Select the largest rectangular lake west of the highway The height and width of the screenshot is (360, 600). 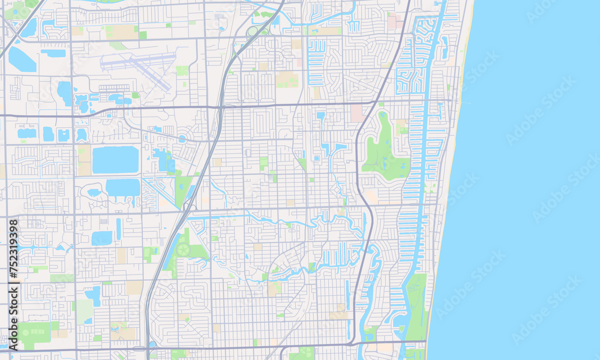pyautogui.click(x=115, y=160)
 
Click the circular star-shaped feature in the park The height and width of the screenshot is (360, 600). pyautogui.click(x=184, y=249)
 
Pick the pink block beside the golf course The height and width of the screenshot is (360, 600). pyautogui.click(x=357, y=113)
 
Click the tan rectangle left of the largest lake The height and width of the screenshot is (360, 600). pyautogui.click(x=85, y=160)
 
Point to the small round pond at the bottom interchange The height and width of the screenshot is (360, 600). pyautogui.click(x=151, y=344)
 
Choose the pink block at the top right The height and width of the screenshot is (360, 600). pyautogui.click(x=393, y=22)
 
